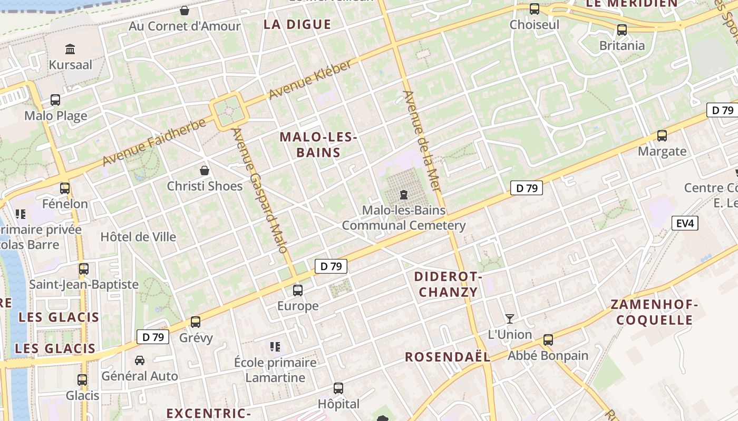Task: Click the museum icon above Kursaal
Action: tap(70, 49)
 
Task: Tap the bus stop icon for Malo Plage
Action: tap(55, 100)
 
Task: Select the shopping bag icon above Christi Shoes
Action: tap(205, 171)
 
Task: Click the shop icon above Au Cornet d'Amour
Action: tap(184, 11)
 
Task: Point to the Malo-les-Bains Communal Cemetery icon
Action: tap(404, 195)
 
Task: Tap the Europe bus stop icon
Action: tap(298, 290)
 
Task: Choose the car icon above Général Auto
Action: tap(140, 360)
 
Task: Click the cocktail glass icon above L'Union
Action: tap(509, 319)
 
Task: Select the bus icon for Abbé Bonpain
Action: tap(548, 340)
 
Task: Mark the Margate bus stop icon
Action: tap(662, 136)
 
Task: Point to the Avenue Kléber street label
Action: tap(310, 79)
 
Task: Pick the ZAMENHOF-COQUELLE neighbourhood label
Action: tap(654, 312)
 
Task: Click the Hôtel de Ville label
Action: tap(138, 237)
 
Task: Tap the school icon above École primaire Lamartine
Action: tap(275, 347)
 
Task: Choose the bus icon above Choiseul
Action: tap(535, 9)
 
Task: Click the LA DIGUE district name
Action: tap(297, 24)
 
